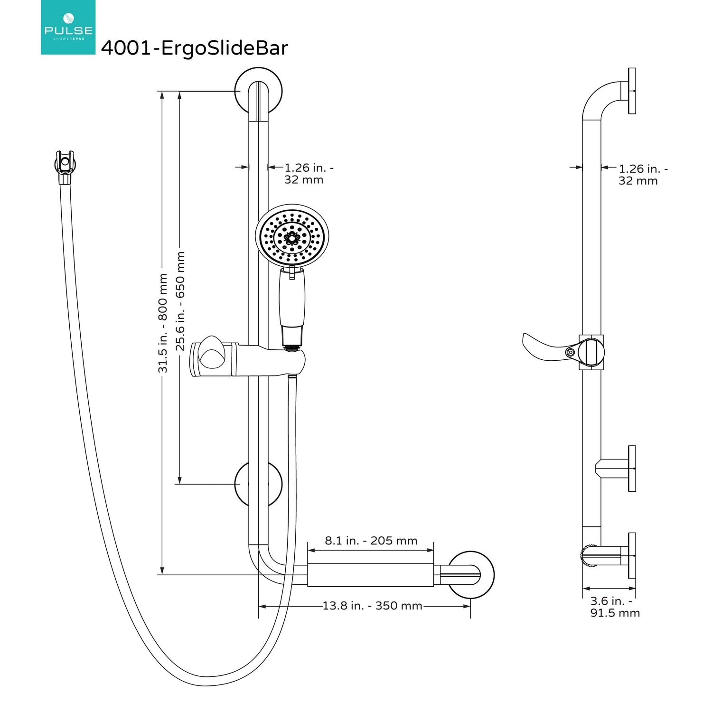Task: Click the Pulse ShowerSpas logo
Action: tap(68, 27)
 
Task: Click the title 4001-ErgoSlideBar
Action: tap(194, 48)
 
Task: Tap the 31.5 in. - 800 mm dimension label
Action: tap(163, 323)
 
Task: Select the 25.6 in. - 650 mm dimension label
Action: tap(180, 301)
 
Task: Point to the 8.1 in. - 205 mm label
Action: tap(371, 541)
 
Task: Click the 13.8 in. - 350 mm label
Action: tap(372, 606)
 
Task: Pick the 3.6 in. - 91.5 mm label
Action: tap(615, 607)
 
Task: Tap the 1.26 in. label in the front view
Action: tap(308, 174)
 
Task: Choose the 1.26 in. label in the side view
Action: tap(642, 175)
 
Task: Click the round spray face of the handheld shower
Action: tap(292, 235)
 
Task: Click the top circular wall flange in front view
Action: tap(259, 90)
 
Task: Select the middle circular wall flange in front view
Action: tap(259, 484)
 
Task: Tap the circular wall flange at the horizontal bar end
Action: tap(471, 575)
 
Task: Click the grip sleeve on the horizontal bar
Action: tap(370, 575)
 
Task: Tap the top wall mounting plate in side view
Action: tap(632, 91)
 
